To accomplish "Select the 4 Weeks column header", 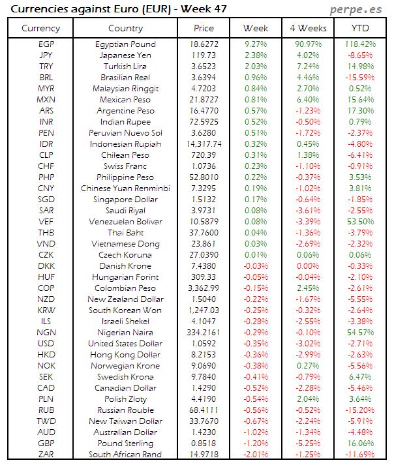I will point(308,28).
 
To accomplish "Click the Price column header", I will point(204,28).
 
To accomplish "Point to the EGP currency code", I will point(46,44).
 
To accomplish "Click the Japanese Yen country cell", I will point(125,55).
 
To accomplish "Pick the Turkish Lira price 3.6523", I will point(204,67).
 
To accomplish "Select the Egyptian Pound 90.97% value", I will point(308,44).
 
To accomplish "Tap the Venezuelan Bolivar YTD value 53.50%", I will point(361,222).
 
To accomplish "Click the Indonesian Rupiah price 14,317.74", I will point(204,144).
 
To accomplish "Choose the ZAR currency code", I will point(46,455).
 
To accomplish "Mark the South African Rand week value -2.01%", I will point(256,455).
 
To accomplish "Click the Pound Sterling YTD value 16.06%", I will point(361,444).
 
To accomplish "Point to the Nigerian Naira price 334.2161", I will point(204,333).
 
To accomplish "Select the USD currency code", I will point(46,344).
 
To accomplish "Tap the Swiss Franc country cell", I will point(125,166).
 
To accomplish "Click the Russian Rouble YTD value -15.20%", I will point(361,410).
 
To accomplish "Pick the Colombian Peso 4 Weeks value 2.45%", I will point(308,288).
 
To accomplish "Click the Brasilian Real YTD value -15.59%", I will point(361,78).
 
